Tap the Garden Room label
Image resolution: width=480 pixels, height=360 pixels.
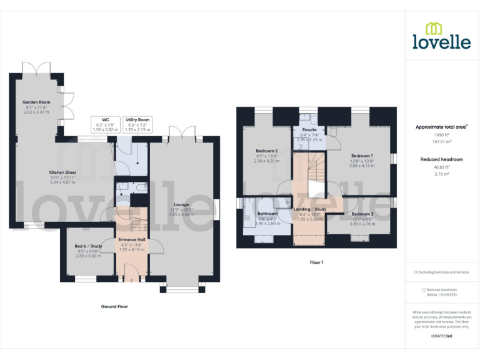(36, 102)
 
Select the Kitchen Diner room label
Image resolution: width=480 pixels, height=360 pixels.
(62, 172)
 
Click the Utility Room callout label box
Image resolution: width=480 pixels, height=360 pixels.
(137, 124)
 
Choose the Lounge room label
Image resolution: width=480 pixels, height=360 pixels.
(182, 204)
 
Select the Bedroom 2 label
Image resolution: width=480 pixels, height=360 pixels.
(267, 151)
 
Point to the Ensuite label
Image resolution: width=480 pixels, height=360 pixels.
(309, 129)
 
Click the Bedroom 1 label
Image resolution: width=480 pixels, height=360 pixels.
(362, 155)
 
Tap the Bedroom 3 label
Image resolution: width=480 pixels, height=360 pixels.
(362, 214)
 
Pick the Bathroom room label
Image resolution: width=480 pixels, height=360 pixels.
(267, 213)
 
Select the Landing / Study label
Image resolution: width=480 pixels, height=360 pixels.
(311, 209)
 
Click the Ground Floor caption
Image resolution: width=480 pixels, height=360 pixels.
(114, 306)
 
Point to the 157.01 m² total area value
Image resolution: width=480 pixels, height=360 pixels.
(441, 141)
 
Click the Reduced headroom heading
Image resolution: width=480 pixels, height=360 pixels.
(441, 159)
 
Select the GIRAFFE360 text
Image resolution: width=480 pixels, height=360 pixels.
(441, 336)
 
